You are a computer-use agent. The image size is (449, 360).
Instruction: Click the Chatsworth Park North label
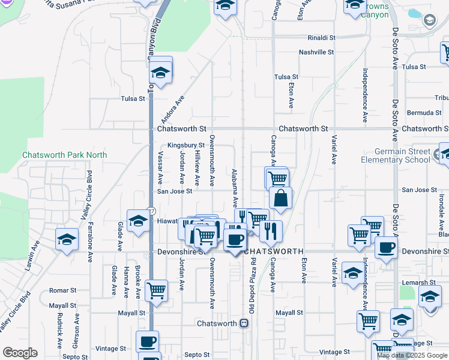[64, 155]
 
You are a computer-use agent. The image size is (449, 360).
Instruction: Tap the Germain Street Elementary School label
[396, 156]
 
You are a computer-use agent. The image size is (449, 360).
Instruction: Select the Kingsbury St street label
[186, 145]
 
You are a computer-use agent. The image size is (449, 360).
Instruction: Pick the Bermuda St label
[424, 113]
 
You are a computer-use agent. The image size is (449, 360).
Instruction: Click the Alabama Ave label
[235, 188]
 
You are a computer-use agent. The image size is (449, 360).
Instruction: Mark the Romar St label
[62, 290]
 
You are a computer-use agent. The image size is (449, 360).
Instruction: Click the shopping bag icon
[280, 198]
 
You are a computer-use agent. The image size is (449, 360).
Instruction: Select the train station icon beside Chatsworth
[244, 323]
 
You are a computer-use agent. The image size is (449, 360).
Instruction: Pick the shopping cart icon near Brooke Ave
[157, 291]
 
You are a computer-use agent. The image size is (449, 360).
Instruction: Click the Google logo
[20, 353]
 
